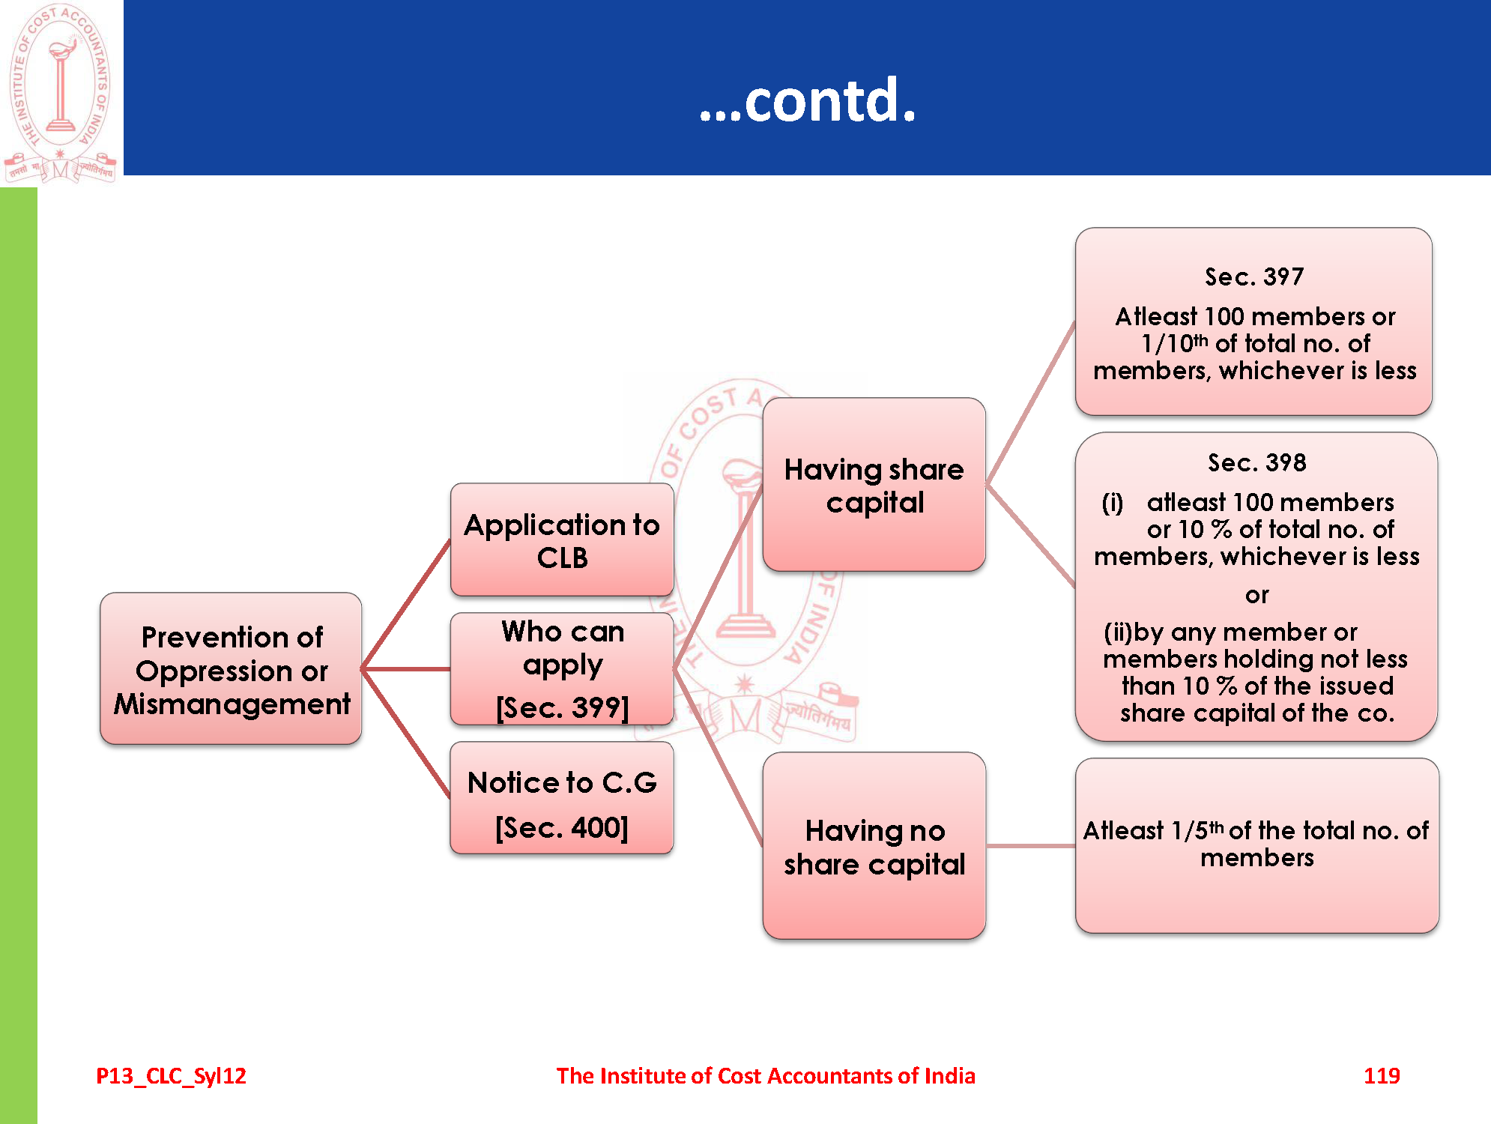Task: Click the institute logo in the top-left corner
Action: click(x=61, y=92)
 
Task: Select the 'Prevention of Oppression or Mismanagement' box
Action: click(x=231, y=668)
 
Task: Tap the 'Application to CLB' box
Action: click(x=562, y=540)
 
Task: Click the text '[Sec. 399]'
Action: click(x=562, y=707)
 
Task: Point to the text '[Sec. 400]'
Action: click(x=562, y=828)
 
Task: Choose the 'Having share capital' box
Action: click(x=874, y=485)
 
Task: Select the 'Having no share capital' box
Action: click(x=874, y=846)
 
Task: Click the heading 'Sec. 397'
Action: click(x=1254, y=277)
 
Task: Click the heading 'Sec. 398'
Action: click(x=1256, y=462)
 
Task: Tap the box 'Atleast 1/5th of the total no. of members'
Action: click(x=1256, y=844)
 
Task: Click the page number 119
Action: click(x=1382, y=1075)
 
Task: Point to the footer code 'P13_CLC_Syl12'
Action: click(x=171, y=1075)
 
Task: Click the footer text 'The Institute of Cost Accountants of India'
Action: click(x=765, y=1075)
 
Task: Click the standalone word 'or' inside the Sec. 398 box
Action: click(x=1256, y=596)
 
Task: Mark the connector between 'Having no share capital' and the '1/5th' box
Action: click(x=1030, y=846)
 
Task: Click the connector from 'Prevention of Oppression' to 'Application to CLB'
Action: click(x=405, y=604)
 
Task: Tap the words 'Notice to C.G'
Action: click(x=562, y=782)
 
